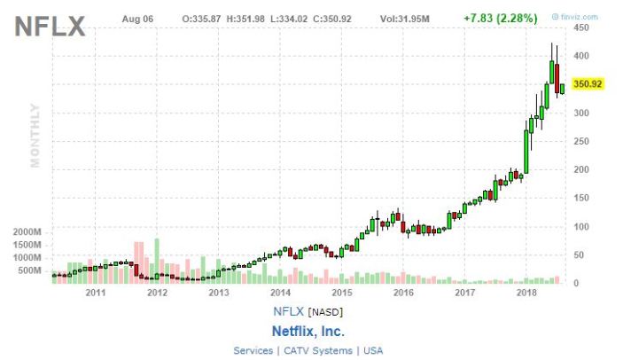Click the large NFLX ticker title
coord(51,27)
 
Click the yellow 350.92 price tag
coord(588,84)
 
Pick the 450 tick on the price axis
coord(581,28)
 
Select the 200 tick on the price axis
coord(581,169)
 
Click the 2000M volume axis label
coord(28,231)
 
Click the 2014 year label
coord(280,292)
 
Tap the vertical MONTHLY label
coord(36,135)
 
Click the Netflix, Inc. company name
coord(308,331)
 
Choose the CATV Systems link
coord(317,351)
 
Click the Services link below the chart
coord(253,351)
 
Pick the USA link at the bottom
coord(373,351)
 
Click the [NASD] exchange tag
coord(325,311)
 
